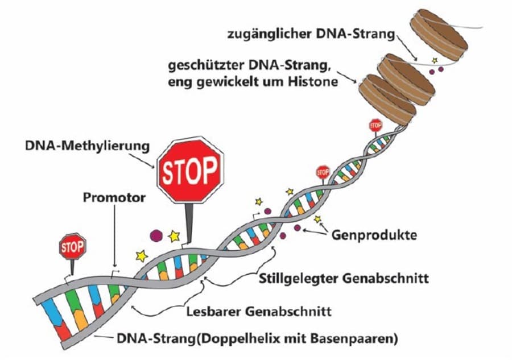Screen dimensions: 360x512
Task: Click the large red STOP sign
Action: tap(190, 169)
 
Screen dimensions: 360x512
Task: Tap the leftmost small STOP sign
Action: tap(73, 247)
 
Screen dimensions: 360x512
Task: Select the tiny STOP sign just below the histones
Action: tap(375, 125)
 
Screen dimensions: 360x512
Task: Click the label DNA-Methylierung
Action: tap(87, 147)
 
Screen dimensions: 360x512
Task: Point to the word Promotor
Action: tap(113, 198)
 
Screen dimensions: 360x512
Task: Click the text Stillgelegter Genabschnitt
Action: tap(344, 279)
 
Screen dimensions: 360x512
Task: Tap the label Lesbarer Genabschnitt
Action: tap(259, 312)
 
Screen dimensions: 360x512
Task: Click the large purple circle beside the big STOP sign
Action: tap(155, 235)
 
